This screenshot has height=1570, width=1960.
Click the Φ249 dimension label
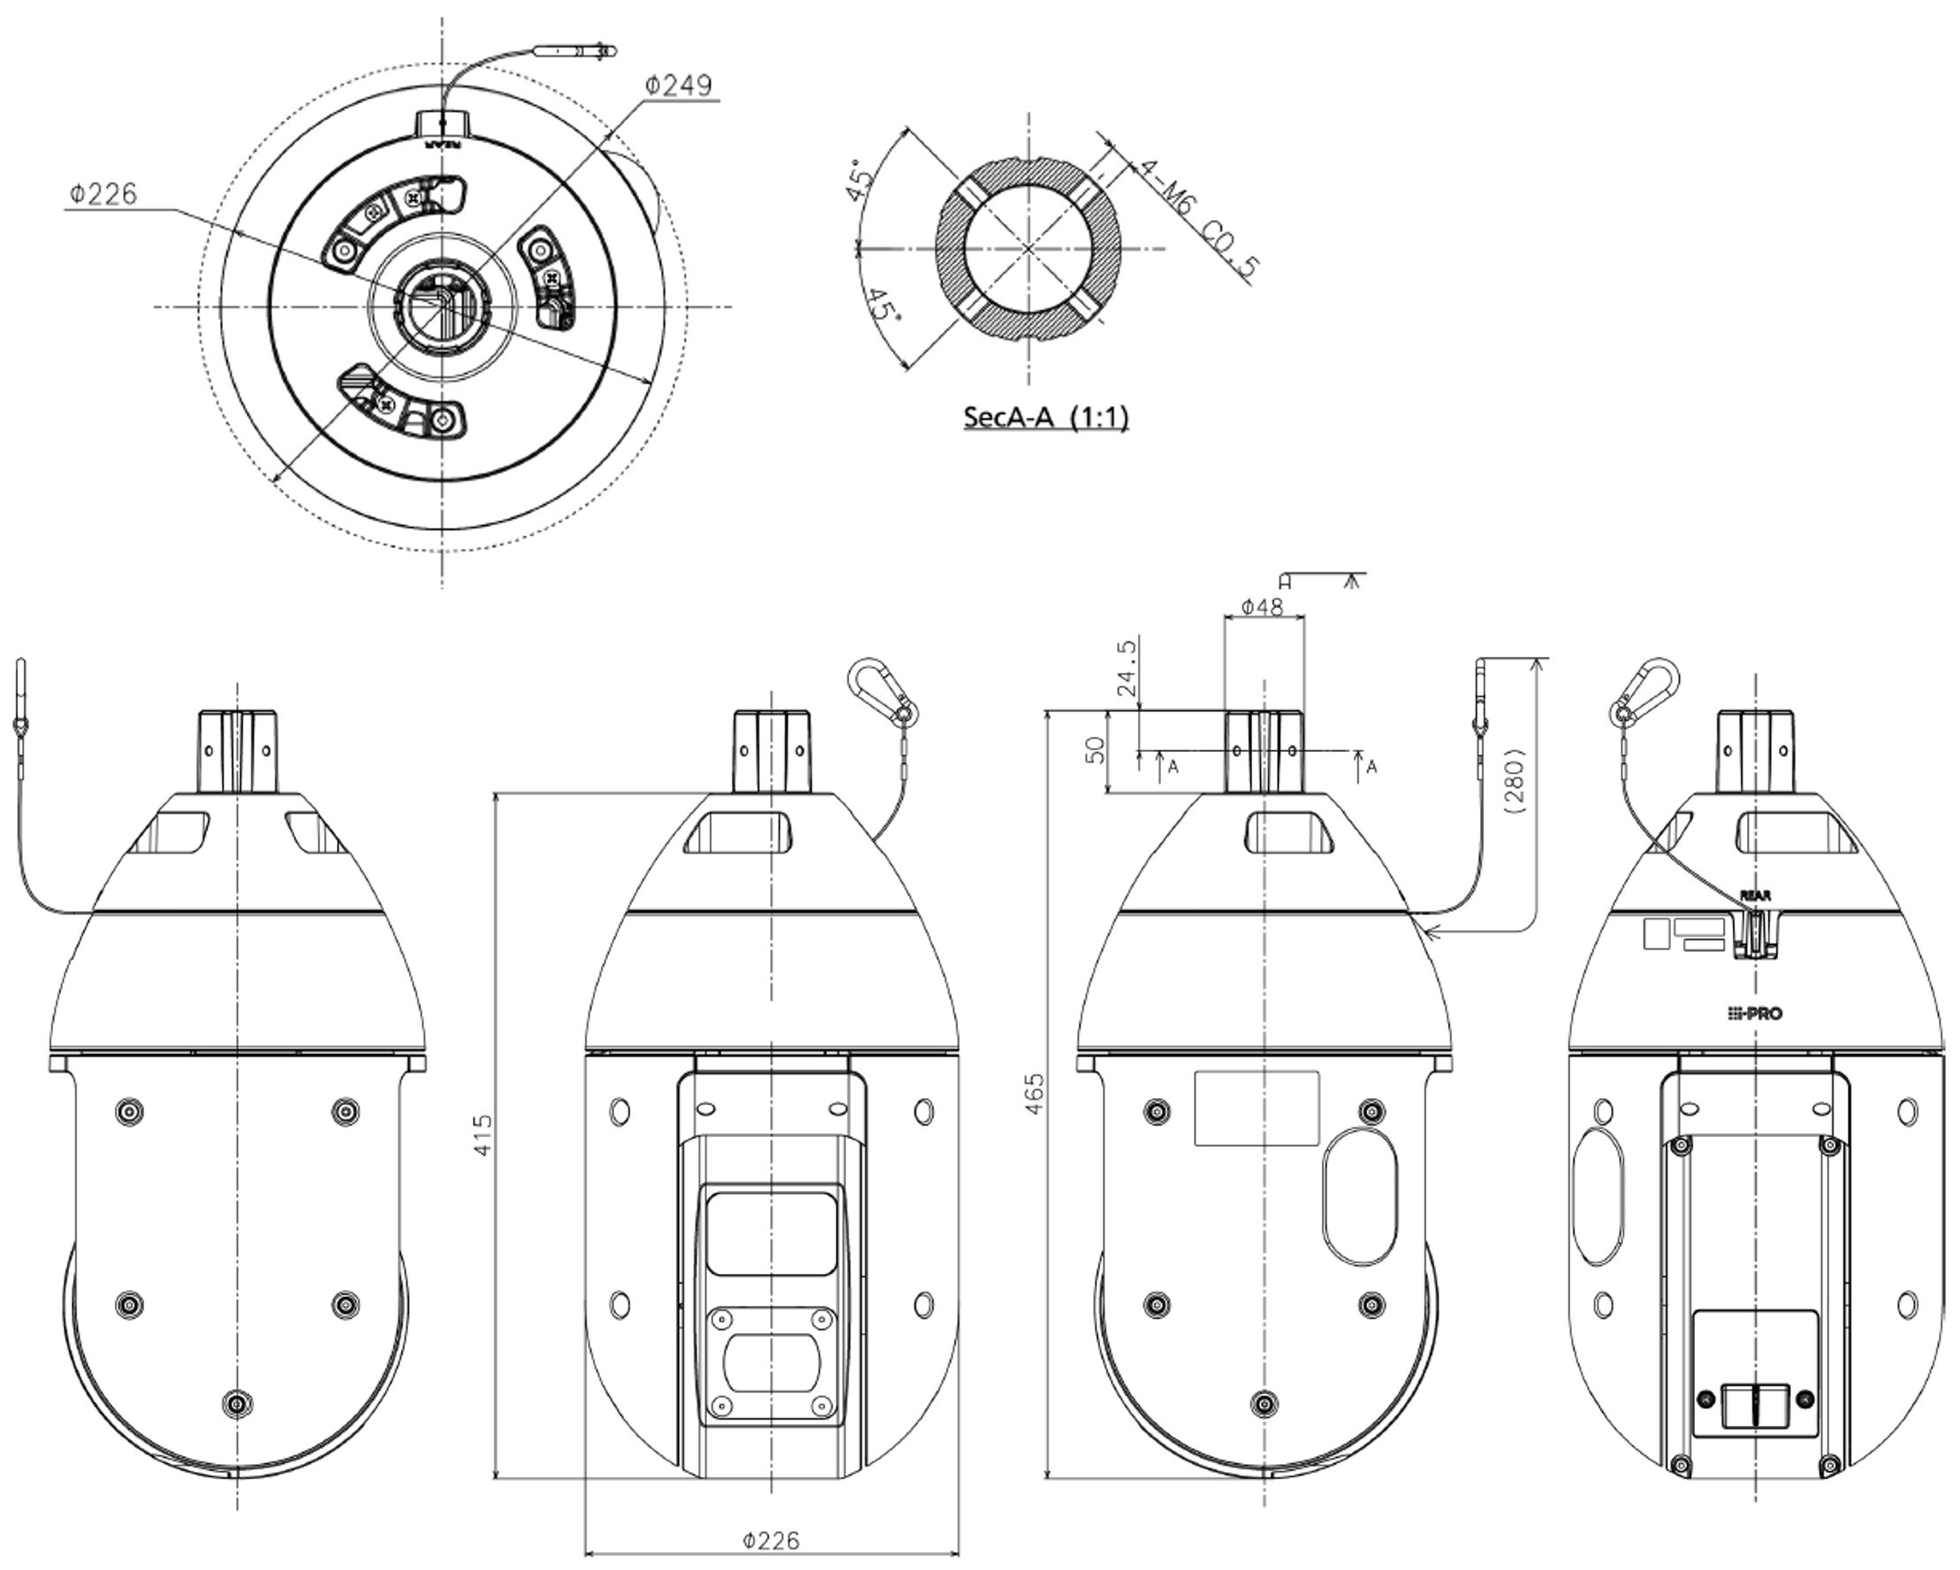[x=678, y=85]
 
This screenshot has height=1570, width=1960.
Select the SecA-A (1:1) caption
[x=1045, y=417]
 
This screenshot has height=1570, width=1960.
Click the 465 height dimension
[x=1035, y=1094]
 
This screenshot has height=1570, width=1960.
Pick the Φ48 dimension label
[x=1263, y=605]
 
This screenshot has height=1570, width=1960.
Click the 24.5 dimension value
[x=1126, y=667]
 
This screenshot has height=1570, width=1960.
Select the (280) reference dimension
[x=1515, y=780]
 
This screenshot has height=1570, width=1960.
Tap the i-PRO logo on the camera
[x=1755, y=1013]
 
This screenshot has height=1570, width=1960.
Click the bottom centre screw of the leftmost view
[x=238, y=1404]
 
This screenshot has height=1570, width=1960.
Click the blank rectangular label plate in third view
[x=1257, y=1108]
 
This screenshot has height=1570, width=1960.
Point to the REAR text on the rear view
[x=1755, y=896]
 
